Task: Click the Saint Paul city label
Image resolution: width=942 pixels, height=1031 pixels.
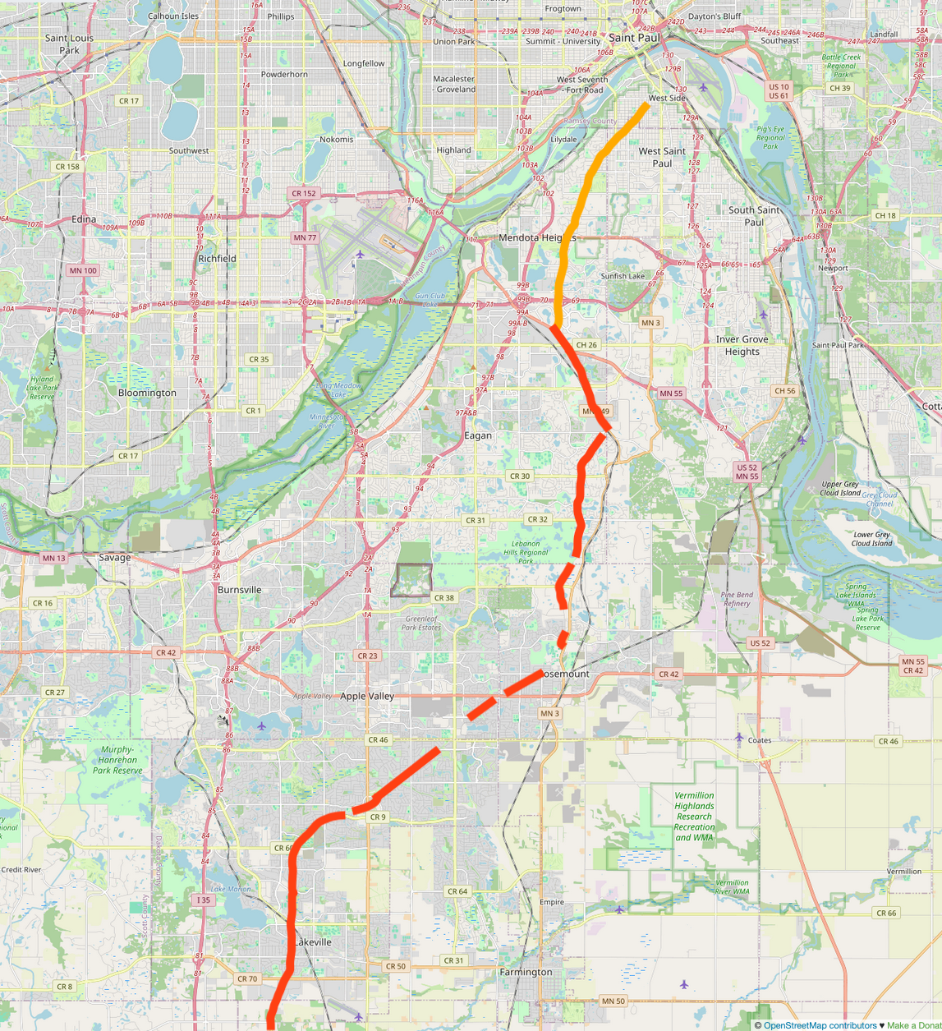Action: coord(634,38)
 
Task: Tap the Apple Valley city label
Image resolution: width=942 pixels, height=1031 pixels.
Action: coord(367,696)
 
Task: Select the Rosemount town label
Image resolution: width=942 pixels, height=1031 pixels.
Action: coord(567,674)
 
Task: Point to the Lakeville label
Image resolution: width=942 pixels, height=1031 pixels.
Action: coord(313,941)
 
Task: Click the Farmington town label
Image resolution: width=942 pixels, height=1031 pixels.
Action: coord(526,972)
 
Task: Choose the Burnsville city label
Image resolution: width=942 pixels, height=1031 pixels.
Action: coord(240,590)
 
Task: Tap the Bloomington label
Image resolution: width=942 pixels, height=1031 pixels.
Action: coord(147,393)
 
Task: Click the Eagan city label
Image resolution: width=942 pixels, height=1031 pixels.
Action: coord(478,435)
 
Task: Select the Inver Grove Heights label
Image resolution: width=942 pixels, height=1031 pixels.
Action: coord(742,345)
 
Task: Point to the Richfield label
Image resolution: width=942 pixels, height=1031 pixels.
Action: coord(217,258)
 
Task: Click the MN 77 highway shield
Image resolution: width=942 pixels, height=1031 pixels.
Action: coord(305,237)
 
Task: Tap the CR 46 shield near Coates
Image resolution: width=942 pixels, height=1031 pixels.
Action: coord(888,741)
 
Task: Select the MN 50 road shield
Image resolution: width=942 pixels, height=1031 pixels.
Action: coord(613,1001)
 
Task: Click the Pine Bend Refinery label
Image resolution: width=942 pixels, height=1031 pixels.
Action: coord(737,599)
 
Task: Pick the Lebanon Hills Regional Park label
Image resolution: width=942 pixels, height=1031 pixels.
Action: coord(526,552)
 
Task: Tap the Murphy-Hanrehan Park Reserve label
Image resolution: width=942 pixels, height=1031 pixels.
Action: coord(117,760)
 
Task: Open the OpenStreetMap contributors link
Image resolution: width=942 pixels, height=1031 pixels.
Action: coord(820,1024)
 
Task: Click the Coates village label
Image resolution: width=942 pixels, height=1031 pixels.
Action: coord(760,740)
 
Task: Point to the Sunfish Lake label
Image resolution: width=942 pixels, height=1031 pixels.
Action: coord(623,276)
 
